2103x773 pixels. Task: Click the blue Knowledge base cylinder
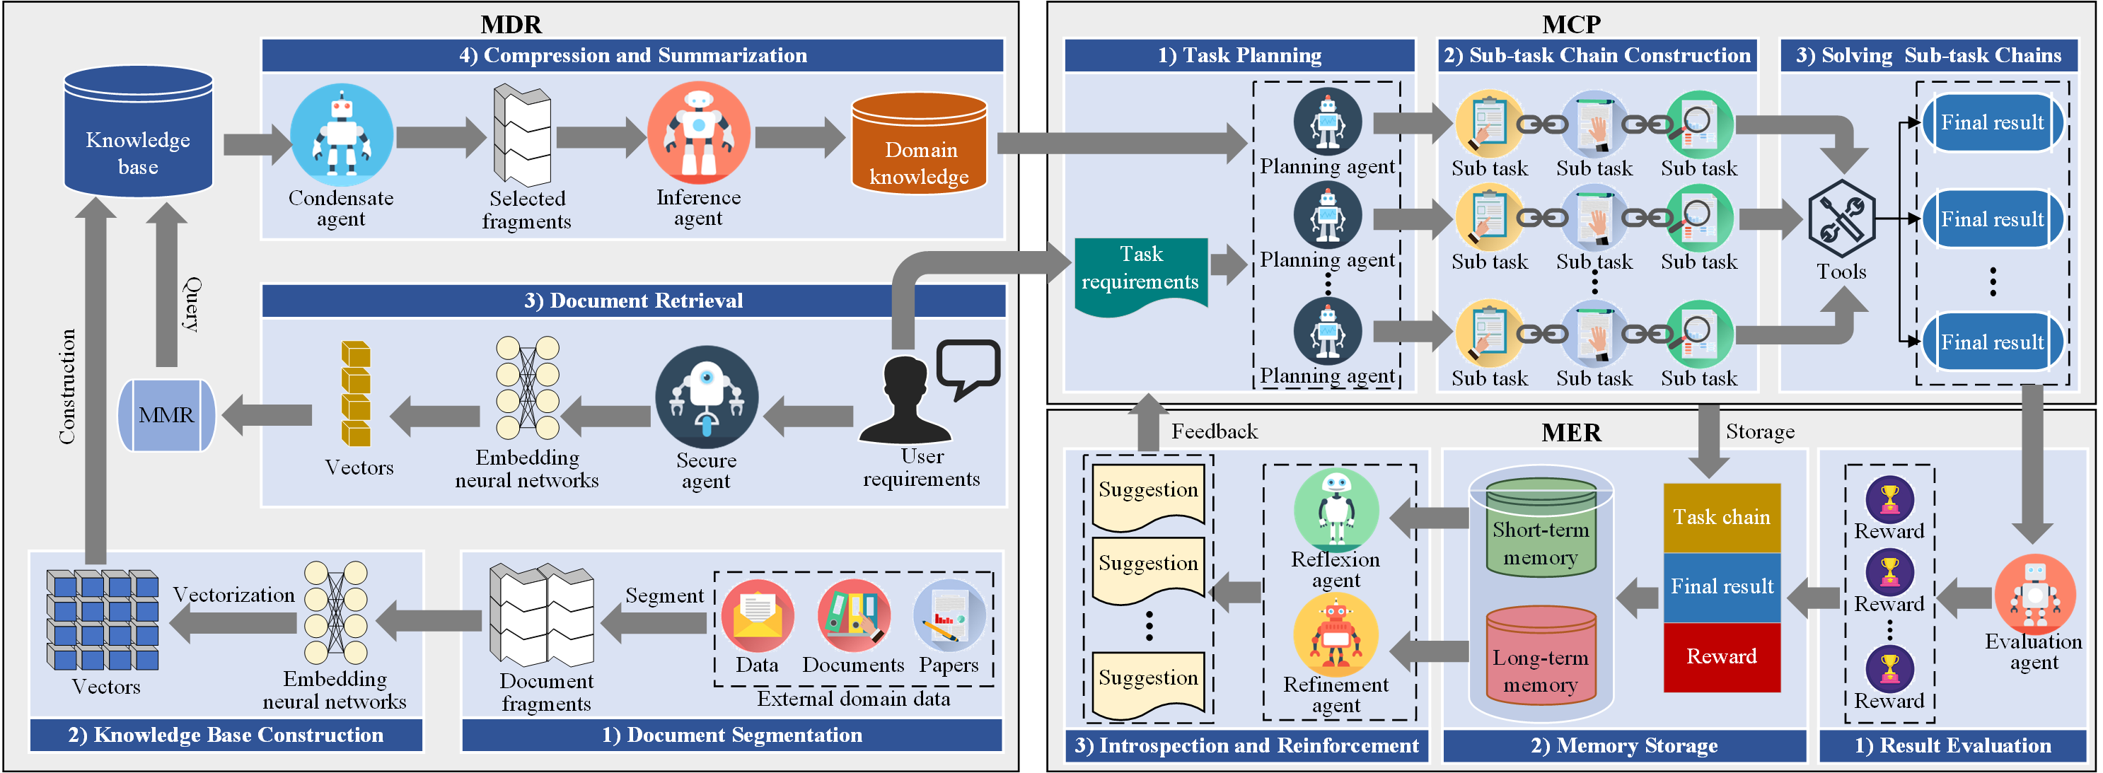[x=138, y=132]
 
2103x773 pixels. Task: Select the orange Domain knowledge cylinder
[x=920, y=144]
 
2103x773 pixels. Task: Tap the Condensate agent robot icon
[x=341, y=134]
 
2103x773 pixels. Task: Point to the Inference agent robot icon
[x=698, y=132]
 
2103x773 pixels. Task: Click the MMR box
[x=166, y=414]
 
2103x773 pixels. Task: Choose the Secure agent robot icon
[x=706, y=397]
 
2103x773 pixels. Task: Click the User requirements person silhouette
[x=905, y=400]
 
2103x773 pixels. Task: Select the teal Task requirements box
[x=1140, y=274]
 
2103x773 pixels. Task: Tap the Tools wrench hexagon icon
[x=1841, y=219]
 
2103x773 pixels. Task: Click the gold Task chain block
[x=1722, y=518]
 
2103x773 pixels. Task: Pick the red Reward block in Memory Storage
[x=1722, y=657]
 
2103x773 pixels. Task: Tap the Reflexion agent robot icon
[x=1336, y=509]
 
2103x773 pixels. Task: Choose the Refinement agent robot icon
[x=1336, y=634]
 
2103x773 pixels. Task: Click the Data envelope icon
[x=757, y=615]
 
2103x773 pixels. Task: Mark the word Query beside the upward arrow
[x=192, y=303]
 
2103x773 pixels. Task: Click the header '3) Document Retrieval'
[x=634, y=301]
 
